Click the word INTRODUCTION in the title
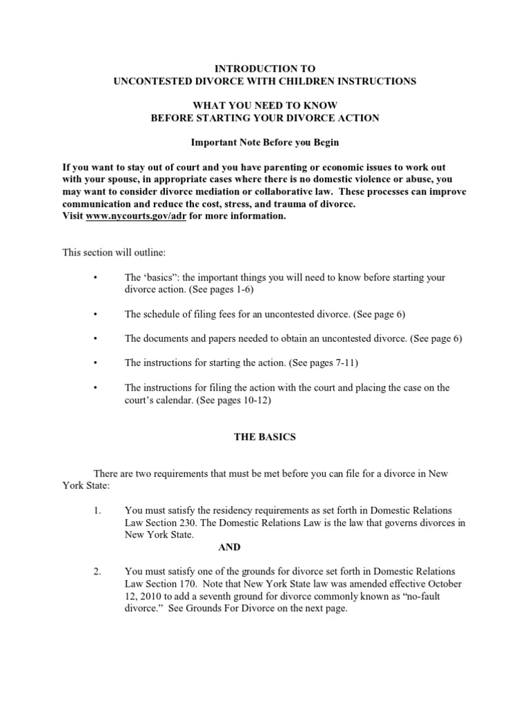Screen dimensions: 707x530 click(246, 68)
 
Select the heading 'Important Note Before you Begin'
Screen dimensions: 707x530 click(265, 143)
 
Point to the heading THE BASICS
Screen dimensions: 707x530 click(265, 438)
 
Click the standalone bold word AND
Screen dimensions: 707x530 click(229, 547)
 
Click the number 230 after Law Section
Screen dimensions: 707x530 click(186, 523)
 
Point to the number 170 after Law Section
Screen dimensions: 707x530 click(187, 583)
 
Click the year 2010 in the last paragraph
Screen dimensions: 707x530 click(153, 596)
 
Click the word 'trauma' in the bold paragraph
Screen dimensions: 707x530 click(288, 204)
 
